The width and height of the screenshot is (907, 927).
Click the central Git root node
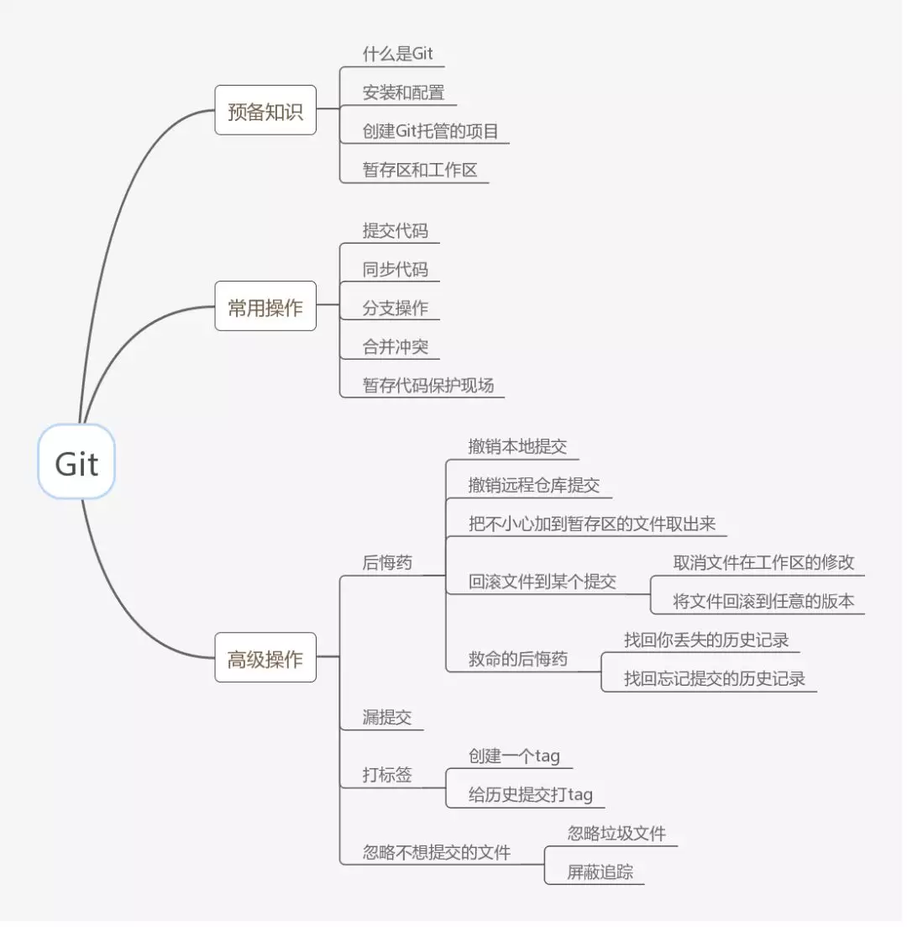tap(76, 462)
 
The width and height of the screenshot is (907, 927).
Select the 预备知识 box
tap(265, 110)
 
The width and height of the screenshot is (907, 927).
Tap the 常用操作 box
tap(265, 307)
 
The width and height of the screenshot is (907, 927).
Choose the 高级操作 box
tap(265, 658)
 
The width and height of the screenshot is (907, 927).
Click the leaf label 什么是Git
tap(397, 54)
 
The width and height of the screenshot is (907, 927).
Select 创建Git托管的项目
tap(431, 131)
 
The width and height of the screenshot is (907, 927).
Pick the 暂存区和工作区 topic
tap(420, 170)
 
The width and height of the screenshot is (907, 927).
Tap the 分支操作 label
tap(395, 308)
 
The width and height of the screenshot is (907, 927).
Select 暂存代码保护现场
tap(428, 385)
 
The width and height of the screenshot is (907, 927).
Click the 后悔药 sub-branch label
tap(387, 562)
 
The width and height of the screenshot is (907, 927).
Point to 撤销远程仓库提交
tap(534, 485)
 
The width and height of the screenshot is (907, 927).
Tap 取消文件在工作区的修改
tap(763, 562)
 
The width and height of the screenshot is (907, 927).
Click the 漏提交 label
tap(387, 717)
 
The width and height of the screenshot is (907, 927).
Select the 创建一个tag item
tap(513, 756)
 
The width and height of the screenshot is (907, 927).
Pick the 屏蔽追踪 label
tap(600, 872)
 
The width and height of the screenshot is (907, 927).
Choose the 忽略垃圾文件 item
tap(616, 833)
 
